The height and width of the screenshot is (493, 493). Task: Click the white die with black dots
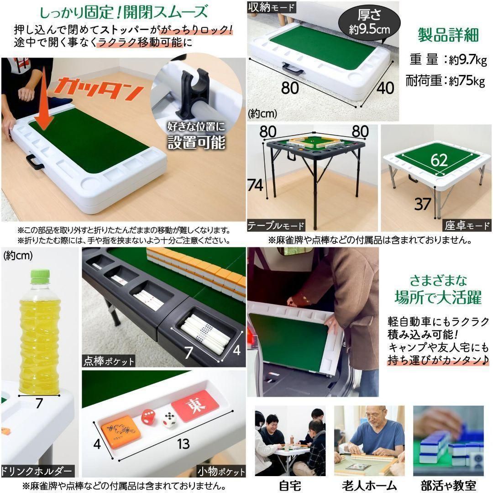(169, 419)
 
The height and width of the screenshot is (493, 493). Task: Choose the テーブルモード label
(276, 226)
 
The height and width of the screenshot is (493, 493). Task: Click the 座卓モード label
(467, 226)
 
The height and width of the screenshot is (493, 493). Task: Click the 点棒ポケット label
(109, 361)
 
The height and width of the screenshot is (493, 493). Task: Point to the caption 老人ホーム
(369, 485)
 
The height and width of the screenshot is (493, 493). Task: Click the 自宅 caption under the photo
(289, 485)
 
